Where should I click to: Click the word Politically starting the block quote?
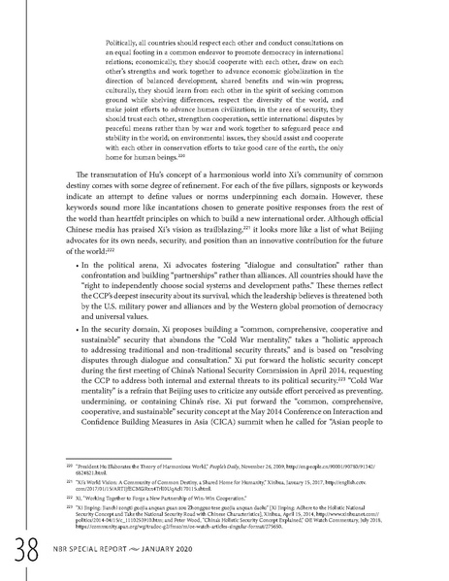[116, 44]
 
